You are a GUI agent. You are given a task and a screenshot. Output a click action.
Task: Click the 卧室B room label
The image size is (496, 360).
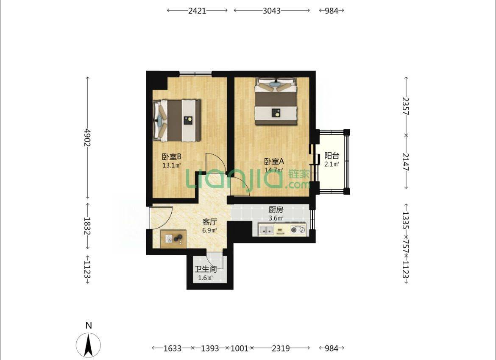[x=171, y=156]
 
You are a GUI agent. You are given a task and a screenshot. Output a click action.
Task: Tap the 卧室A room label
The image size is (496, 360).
[x=274, y=161]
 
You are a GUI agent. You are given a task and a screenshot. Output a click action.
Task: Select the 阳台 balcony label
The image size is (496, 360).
[x=332, y=156]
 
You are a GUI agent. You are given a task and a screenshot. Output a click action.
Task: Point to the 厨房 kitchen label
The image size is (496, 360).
[x=276, y=209]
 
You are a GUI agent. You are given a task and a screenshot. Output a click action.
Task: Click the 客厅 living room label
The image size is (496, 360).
[x=209, y=222]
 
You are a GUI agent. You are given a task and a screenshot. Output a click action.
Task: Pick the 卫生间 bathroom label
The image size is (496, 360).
[x=206, y=269]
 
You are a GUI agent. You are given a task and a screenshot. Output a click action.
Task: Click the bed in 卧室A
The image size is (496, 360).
[x=276, y=101]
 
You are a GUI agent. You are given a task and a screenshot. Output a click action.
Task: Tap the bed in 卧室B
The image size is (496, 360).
[x=177, y=120]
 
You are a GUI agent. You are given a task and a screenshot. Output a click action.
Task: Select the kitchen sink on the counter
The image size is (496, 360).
[x=266, y=230]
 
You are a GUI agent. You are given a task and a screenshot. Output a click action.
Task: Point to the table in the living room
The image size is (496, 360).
[x=173, y=239]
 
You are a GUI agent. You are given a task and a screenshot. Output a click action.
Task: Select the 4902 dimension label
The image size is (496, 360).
[x=87, y=137]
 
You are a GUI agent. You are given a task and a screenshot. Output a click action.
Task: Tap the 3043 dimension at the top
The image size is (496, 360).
[x=272, y=11]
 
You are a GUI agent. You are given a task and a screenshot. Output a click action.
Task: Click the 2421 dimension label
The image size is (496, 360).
[x=197, y=11]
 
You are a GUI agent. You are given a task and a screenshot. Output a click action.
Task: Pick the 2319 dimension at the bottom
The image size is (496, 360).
[x=281, y=348]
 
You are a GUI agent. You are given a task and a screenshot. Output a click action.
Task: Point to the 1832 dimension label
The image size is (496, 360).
[x=87, y=226]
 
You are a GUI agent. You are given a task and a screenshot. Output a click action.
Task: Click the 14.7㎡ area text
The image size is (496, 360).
[x=273, y=170]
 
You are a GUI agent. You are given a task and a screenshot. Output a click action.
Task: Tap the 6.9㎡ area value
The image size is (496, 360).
[x=209, y=230]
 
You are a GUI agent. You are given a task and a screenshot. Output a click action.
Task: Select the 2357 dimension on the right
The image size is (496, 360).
[x=406, y=106]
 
